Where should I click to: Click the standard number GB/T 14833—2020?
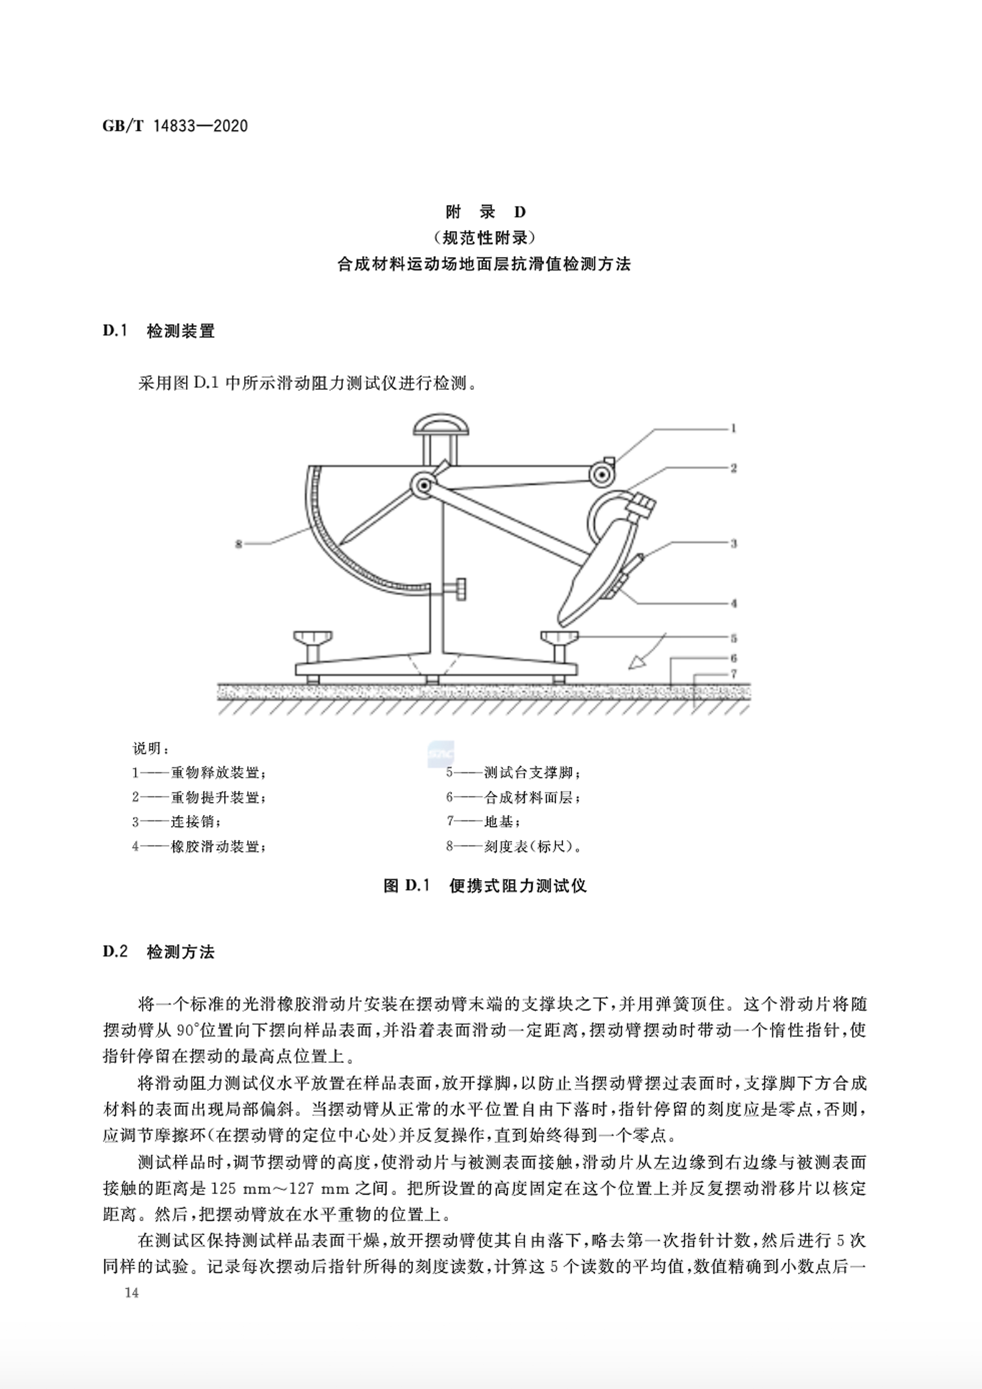pos(175,126)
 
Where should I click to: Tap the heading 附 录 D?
pos(486,212)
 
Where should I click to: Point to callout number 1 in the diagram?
pos(733,428)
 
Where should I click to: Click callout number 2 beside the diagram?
pos(733,468)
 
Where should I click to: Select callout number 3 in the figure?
pos(733,543)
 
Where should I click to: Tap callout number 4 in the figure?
pos(733,603)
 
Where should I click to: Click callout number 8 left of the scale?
pos(239,544)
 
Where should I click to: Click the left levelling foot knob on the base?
pos(313,639)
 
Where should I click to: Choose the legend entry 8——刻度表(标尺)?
pos(514,846)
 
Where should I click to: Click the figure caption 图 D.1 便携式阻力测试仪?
pos(485,886)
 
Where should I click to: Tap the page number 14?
pos(132,1293)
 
